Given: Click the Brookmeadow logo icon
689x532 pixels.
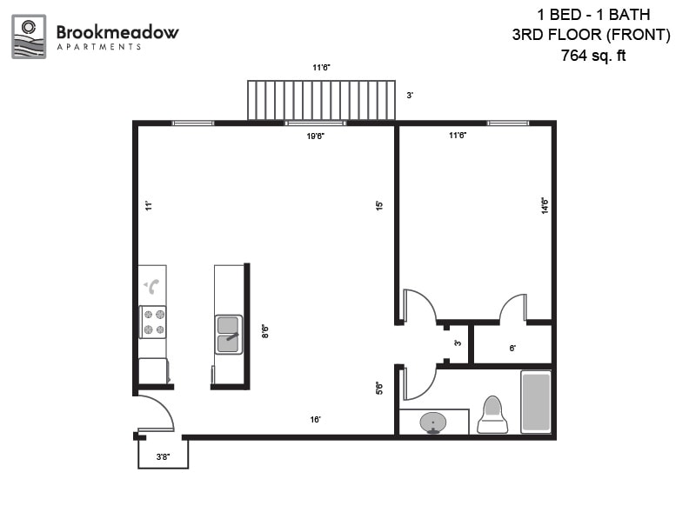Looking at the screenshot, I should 29,37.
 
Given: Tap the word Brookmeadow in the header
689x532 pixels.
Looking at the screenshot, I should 117,32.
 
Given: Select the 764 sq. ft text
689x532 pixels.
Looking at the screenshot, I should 594,57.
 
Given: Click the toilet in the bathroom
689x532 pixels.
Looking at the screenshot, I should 492,415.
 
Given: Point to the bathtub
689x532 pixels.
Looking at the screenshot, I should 536,401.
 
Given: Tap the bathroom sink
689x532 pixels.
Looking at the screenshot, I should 433,423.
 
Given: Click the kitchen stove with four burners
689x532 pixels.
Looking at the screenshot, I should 154,322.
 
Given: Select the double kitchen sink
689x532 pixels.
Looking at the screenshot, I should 229,334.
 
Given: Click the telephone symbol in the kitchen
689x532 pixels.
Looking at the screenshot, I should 152,286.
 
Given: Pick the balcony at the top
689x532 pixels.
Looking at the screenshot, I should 321,100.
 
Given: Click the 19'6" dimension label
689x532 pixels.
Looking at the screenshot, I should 315,136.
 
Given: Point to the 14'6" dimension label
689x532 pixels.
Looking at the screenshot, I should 545,206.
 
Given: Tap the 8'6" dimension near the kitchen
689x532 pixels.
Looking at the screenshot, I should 264,331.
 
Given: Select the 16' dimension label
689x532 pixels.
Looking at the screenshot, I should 316,420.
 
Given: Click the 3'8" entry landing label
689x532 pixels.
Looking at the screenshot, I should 163,457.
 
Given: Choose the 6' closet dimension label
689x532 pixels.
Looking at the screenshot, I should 512,348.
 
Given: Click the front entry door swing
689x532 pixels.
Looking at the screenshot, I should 155,413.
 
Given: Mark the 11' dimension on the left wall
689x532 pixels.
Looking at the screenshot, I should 149,206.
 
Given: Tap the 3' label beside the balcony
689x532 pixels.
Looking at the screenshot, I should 410,95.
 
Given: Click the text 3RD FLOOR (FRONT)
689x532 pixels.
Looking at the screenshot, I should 592,35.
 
